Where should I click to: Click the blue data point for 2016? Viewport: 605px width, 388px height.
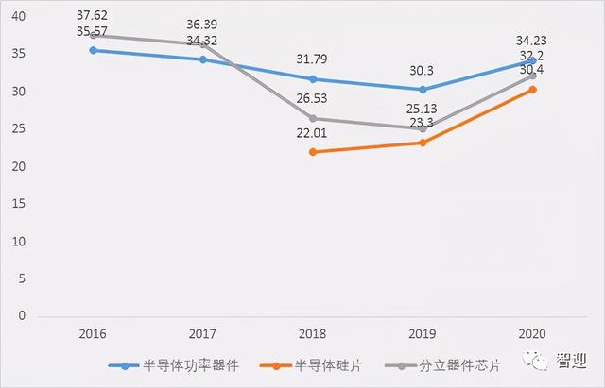pyautogui.click(x=93, y=50)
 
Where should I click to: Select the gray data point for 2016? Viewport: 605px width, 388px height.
pyautogui.click(x=93, y=35)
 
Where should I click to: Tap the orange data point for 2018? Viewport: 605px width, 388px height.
pyautogui.click(x=313, y=152)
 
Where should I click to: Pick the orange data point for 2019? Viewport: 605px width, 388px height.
pyautogui.click(x=423, y=143)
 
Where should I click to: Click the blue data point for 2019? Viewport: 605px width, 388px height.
pyautogui.click(x=423, y=90)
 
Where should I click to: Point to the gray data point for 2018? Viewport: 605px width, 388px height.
pyautogui.click(x=313, y=119)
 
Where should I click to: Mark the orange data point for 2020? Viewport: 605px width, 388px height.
pyautogui.click(x=533, y=90)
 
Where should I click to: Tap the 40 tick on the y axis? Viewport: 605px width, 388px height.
pyautogui.click(x=20, y=17)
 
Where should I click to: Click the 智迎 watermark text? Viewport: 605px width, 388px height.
pyautogui.click(x=572, y=361)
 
